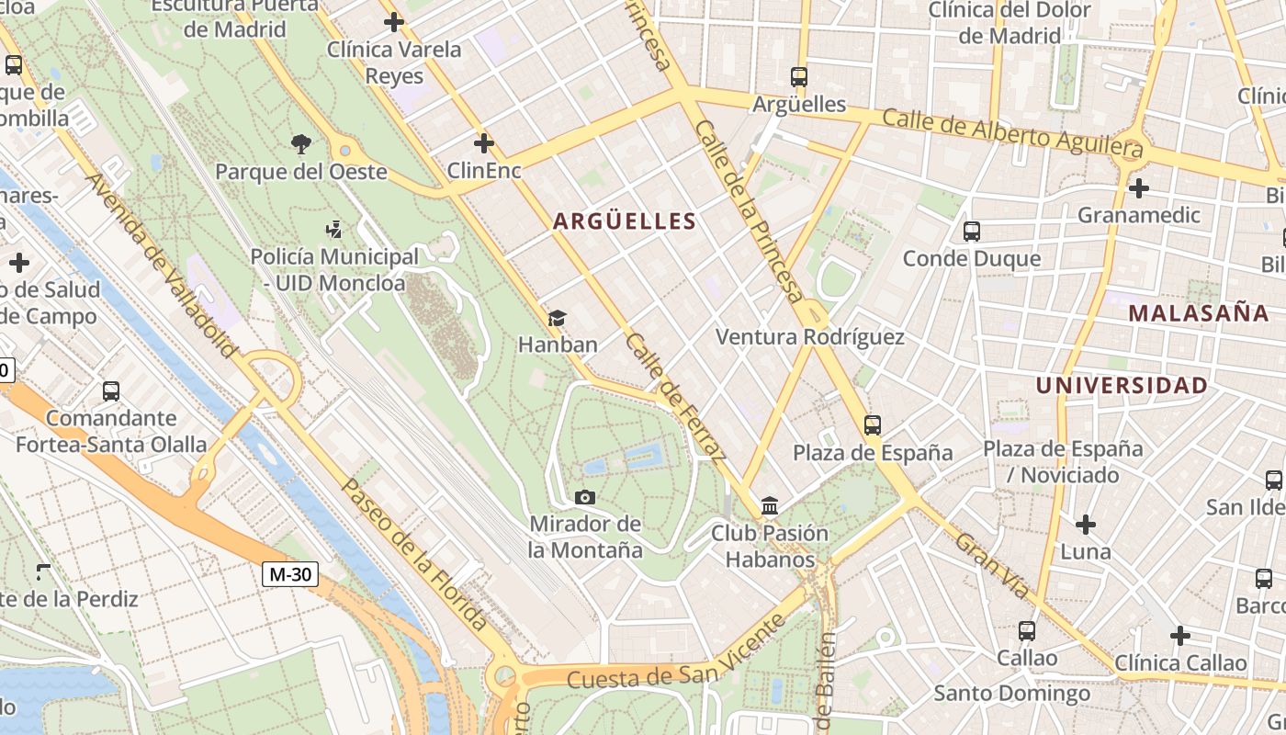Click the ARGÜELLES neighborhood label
click(x=625, y=221)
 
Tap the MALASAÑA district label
click(x=1199, y=313)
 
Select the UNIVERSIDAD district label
click(x=1122, y=386)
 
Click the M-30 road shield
click(x=289, y=575)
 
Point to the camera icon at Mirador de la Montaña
click(x=584, y=498)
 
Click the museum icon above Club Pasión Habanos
click(x=770, y=506)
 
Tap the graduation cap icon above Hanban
click(x=557, y=319)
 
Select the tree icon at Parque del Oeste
click(x=300, y=144)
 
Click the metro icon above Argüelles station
click(x=798, y=77)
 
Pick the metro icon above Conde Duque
click(x=971, y=232)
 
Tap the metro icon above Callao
click(x=1026, y=631)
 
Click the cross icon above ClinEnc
click(x=483, y=143)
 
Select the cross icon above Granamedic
click(x=1138, y=188)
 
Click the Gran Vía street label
click(x=992, y=565)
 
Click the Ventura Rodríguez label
click(x=809, y=337)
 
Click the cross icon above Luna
click(x=1085, y=525)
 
